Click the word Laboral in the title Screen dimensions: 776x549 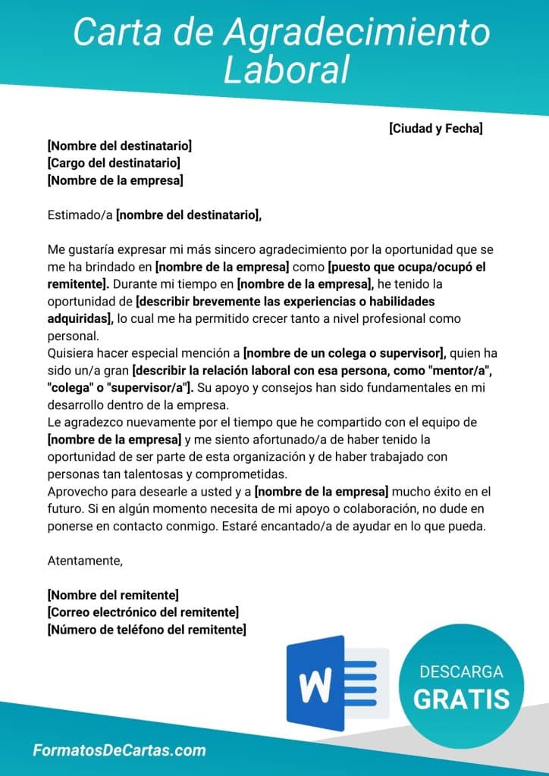[287, 70]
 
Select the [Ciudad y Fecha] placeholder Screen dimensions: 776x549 [436, 128]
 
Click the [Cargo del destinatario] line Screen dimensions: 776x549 [114, 163]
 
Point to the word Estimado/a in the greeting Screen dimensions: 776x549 [80, 215]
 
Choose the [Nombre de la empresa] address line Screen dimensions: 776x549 [115, 180]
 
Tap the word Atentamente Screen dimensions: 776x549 [85, 561]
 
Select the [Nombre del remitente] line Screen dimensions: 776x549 [113, 595]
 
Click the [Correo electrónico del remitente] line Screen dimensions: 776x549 [143, 612]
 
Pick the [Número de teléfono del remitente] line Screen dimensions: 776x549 [146, 630]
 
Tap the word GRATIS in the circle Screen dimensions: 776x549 [461, 698]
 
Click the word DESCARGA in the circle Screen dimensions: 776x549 [461, 672]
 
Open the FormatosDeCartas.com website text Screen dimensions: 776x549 [119, 750]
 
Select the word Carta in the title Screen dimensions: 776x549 [106, 33]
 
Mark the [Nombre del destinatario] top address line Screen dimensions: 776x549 [120, 145]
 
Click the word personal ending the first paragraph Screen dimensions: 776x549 [73, 336]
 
